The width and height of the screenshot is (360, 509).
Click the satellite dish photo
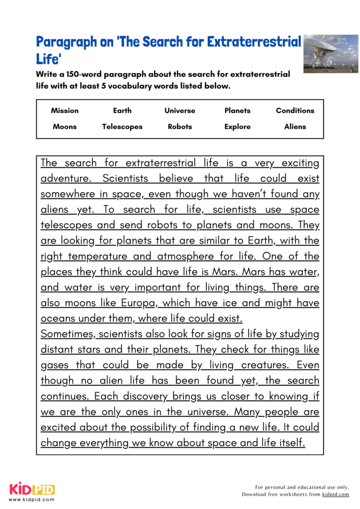point(331,54)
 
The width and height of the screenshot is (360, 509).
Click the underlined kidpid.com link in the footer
point(336,495)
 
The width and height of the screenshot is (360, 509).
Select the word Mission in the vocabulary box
point(65,111)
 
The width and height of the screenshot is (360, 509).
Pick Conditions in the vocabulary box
point(295,111)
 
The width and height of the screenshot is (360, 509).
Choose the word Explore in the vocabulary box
point(237,127)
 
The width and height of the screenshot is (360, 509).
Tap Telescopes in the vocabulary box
point(122,127)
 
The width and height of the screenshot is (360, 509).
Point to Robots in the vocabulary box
point(180,127)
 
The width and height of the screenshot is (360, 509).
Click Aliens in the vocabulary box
point(295,127)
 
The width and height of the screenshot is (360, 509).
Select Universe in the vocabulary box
point(180,111)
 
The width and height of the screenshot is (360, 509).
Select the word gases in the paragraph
point(55,365)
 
